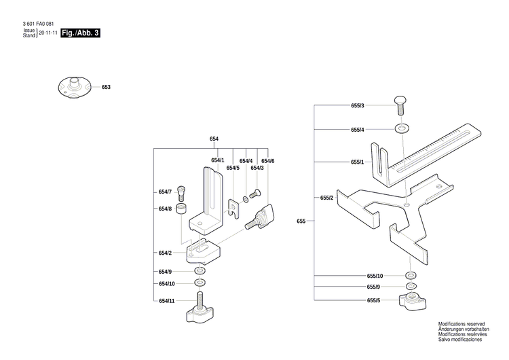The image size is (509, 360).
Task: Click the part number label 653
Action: pos(106,88)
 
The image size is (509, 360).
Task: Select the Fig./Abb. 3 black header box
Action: pos(81,32)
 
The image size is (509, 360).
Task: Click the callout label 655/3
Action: pos(357,106)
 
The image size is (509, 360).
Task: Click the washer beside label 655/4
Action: pos(405,128)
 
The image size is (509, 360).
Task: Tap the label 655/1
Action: pos(357,162)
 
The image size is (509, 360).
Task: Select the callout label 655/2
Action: pos(326,197)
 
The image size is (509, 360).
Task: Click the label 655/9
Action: pos(374,287)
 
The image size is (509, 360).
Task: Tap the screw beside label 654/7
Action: pos(181,192)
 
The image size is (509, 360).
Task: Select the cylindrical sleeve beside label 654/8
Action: pos(181,209)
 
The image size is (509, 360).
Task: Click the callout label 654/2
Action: pos(165,253)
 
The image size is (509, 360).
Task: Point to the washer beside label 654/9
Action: pos(200,271)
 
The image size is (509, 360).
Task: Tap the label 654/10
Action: pos(167,283)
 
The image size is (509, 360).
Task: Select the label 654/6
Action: pos(267,161)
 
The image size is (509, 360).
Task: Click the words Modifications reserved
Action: pos(462,324)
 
